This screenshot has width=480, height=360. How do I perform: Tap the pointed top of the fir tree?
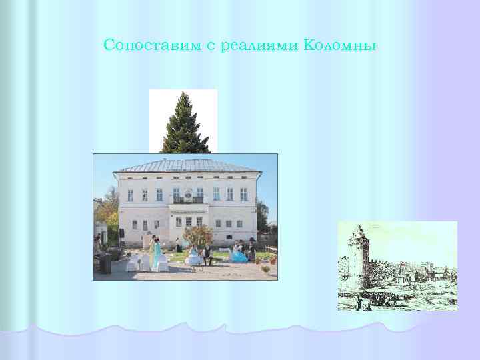point(183,95)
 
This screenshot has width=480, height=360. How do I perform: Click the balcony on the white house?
point(189,199)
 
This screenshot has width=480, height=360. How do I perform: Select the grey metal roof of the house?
point(187,165)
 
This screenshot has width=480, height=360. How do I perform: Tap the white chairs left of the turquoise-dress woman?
point(137,262)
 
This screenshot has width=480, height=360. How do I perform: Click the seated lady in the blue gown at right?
point(238,254)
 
